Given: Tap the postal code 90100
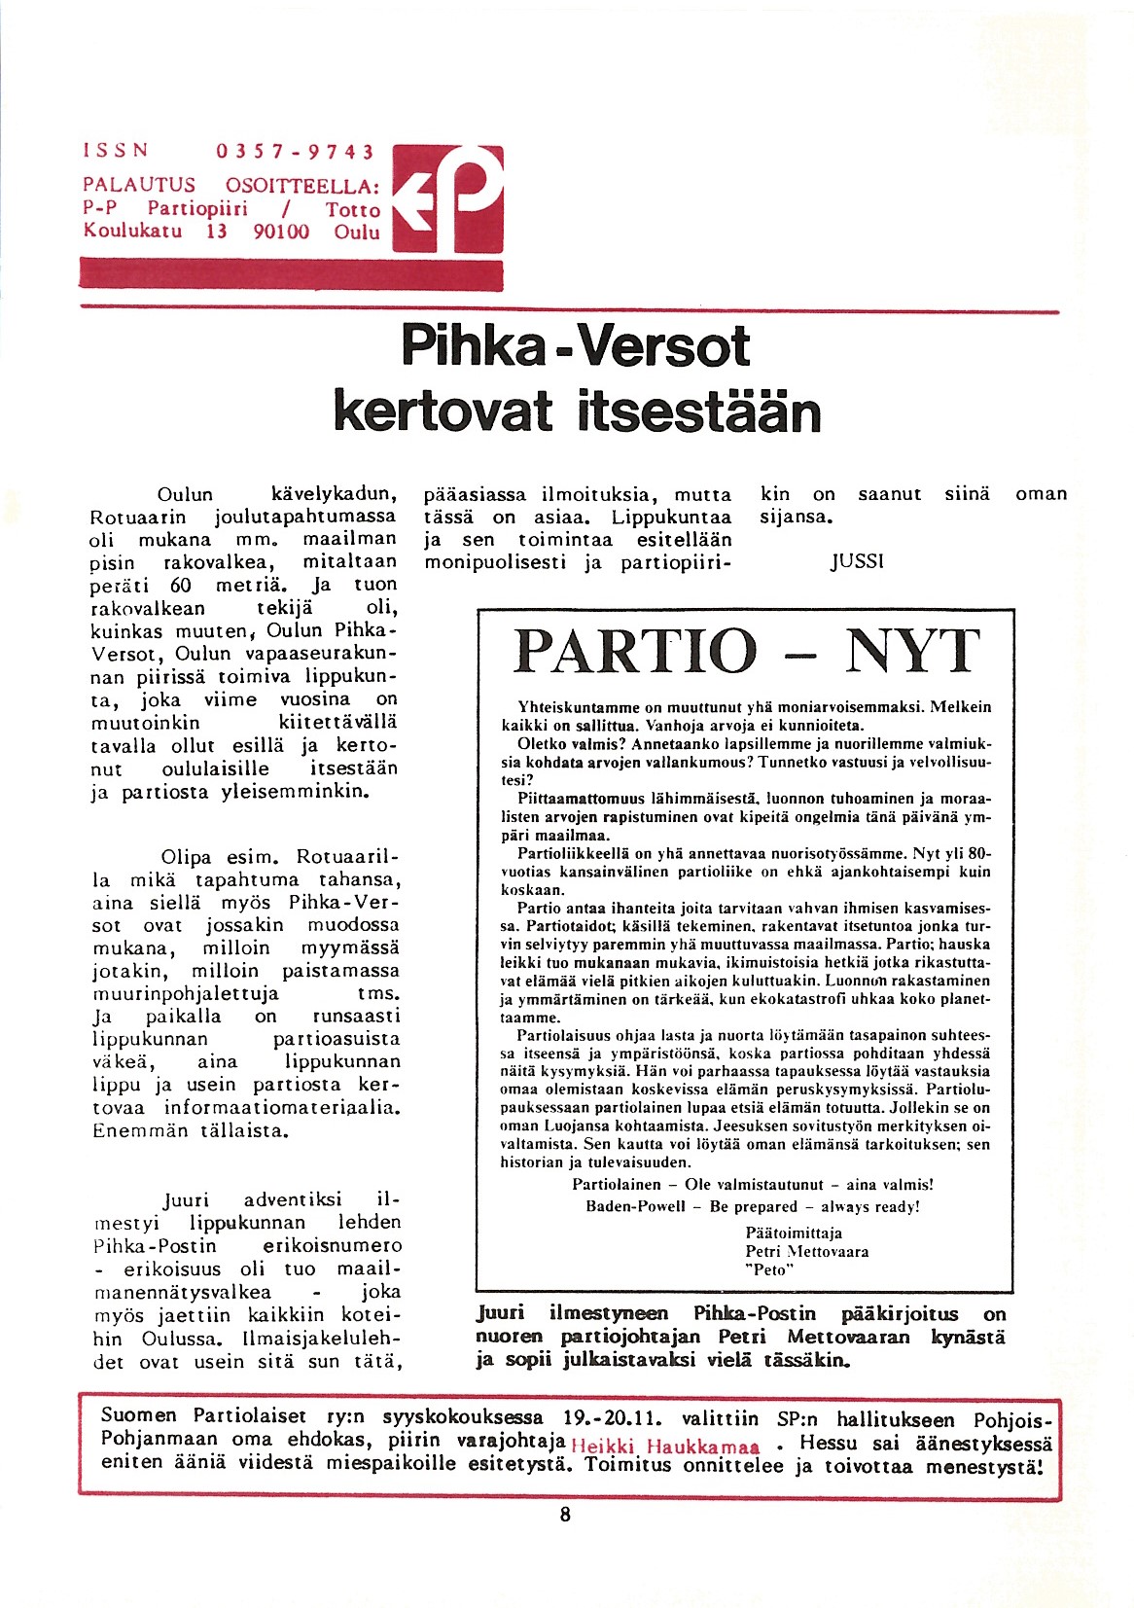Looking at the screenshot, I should coord(280,232).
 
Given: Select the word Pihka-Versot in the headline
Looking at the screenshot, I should coord(576,346).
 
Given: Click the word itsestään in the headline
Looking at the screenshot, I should coord(699,412).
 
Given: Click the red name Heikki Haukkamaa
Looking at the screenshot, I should coord(665,1446).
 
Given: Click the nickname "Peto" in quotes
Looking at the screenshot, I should coord(769,1269).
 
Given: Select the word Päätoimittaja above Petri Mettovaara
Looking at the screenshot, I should coord(794,1233).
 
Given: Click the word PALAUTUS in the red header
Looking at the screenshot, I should coord(139,185).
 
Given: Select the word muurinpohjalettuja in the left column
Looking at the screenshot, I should coord(186,994).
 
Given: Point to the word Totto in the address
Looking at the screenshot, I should coord(352,209).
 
